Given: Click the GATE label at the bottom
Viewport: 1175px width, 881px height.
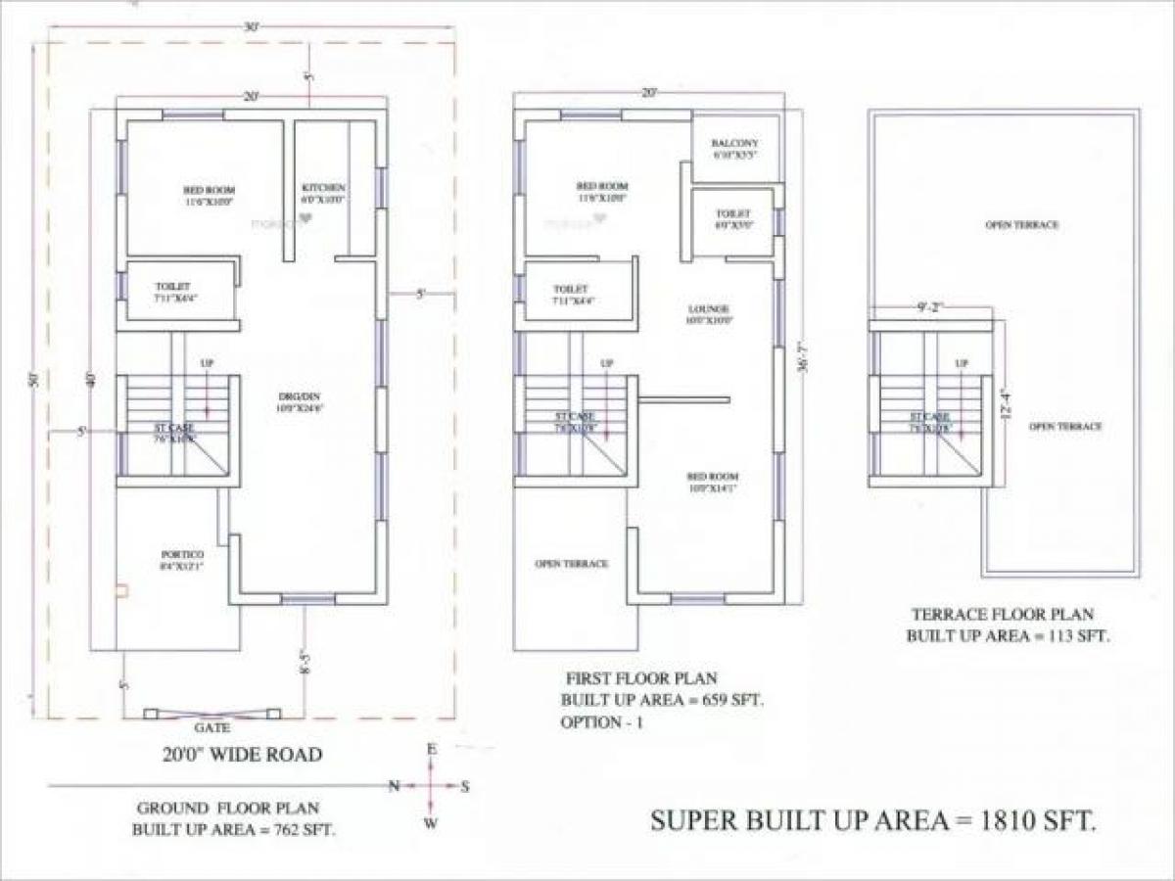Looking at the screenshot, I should (211, 729).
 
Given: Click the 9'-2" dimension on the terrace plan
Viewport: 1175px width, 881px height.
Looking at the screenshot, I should (929, 307).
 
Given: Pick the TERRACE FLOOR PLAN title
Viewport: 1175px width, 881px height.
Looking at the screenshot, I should (1003, 616).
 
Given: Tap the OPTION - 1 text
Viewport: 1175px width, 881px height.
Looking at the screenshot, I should (604, 722).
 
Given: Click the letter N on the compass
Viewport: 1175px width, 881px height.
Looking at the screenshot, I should (395, 785).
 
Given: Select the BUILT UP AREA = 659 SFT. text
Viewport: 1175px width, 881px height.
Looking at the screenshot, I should (662, 700).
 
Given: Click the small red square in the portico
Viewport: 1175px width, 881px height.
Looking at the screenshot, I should (121, 590).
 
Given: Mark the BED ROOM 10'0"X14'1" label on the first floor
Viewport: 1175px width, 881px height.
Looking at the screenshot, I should (711, 482).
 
